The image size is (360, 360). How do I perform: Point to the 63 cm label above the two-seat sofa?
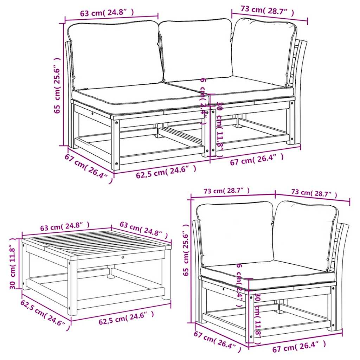click(107, 13)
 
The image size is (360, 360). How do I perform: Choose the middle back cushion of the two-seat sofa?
click(196, 49)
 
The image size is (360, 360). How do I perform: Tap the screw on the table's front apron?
click(123, 258)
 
